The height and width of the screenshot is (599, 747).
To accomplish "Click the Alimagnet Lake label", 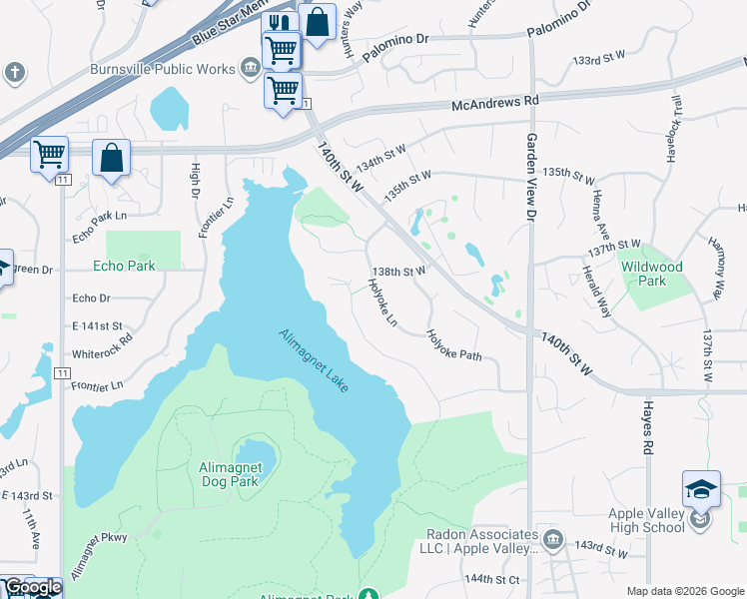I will [x=314, y=360].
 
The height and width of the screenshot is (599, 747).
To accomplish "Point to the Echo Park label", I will [x=124, y=267].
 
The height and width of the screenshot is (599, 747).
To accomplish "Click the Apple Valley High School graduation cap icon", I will [x=701, y=490].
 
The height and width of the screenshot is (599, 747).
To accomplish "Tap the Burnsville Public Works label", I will [x=162, y=69].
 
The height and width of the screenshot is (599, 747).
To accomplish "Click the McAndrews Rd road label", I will [x=494, y=102].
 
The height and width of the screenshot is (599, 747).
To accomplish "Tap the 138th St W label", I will [x=398, y=271].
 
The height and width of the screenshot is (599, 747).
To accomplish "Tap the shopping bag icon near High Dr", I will [x=111, y=158].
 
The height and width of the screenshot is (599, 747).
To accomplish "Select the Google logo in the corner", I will [x=31, y=588].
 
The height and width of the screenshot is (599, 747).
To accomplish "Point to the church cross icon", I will [x=13, y=72].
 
